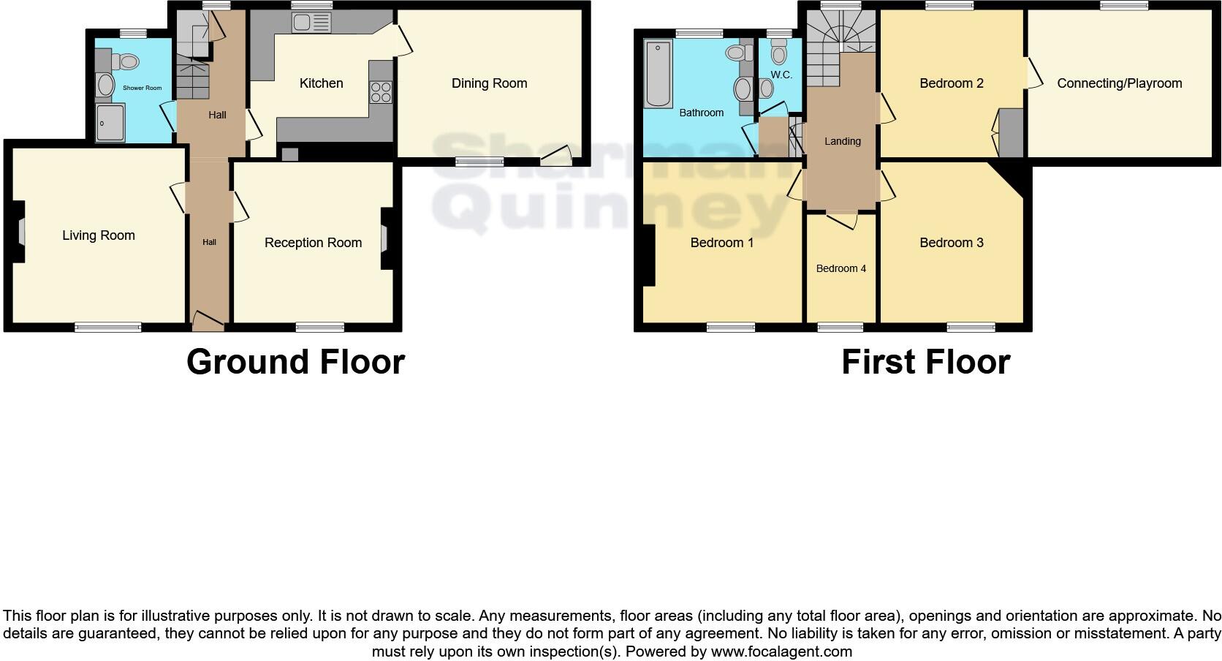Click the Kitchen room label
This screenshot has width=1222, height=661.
pyautogui.click(x=321, y=83)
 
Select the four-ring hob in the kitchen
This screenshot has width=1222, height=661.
pyautogui.click(x=381, y=92)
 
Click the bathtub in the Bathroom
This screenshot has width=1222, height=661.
pyautogui.click(x=659, y=74)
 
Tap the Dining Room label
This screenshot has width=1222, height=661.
pyautogui.click(x=489, y=83)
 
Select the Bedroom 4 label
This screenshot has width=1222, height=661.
pyautogui.click(x=840, y=268)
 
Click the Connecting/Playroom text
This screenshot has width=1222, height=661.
pyautogui.click(x=1119, y=83)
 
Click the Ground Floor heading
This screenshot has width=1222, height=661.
pyautogui.click(x=295, y=362)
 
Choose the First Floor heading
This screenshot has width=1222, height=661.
pyautogui.click(x=925, y=362)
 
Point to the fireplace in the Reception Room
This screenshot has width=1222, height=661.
pyautogui.click(x=384, y=240)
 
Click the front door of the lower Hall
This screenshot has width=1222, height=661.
pyautogui.click(x=208, y=319)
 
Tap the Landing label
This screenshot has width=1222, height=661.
pyautogui.click(x=842, y=141)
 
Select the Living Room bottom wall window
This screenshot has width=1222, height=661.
pyautogui.click(x=108, y=328)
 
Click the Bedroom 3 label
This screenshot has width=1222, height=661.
pyautogui.click(x=951, y=243)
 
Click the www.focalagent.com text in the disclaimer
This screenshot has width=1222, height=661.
pyautogui.click(x=781, y=651)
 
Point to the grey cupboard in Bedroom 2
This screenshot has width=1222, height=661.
pyautogui.click(x=1011, y=132)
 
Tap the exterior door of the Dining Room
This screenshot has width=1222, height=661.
pyautogui.click(x=558, y=156)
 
